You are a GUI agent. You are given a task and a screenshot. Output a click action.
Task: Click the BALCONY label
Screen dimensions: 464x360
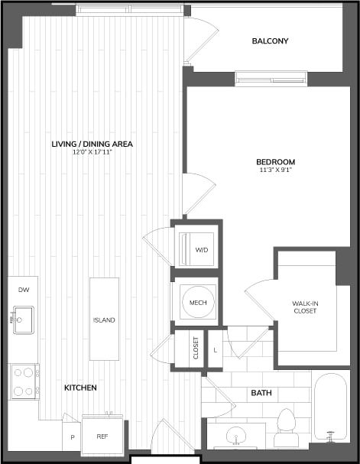pyautogui.click(x=271, y=41)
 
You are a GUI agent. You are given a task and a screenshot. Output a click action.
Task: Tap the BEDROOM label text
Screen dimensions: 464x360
pyautogui.click(x=275, y=162)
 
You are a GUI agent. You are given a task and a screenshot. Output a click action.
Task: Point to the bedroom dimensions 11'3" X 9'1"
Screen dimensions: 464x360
pyautogui.click(x=275, y=170)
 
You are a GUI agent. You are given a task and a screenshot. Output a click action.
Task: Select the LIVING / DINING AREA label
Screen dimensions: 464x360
pyautogui.click(x=92, y=144)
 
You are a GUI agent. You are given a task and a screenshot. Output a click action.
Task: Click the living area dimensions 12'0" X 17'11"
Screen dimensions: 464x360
pyautogui.click(x=92, y=151)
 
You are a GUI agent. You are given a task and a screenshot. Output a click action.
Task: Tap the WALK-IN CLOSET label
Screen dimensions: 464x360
pyautogui.click(x=306, y=307)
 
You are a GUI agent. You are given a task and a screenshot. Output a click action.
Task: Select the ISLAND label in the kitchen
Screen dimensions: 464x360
pyautogui.click(x=104, y=320)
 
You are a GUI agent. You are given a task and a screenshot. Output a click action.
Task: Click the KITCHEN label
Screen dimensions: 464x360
pyautogui.click(x=79, y=388)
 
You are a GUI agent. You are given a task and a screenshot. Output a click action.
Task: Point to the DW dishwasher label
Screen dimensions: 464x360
pyautogui.click(x=22, y=290)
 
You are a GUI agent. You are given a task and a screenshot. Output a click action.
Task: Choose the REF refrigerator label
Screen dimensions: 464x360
pyautogui.click(x=102, y=436)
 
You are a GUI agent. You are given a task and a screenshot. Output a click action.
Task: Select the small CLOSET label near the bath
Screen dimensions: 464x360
pyautogui.click(x=196, y=349)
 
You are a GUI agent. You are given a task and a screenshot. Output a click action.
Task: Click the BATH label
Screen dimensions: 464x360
pyautogui.click(x=261, y=393)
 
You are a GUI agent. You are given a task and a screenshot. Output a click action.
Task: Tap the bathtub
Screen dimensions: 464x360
pyautogui.click(x=331, y=408)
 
